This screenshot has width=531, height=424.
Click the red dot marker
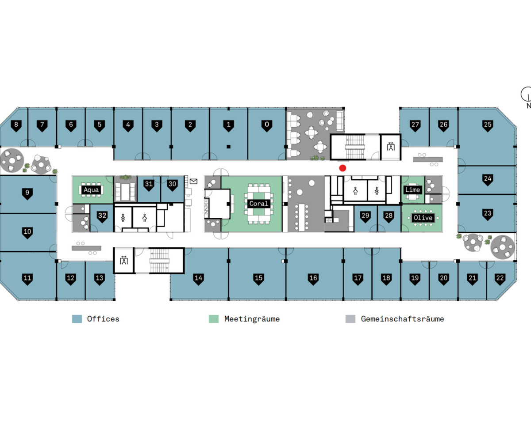[x=342, y=168]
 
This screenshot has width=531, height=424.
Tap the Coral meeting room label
[x=258, y=204]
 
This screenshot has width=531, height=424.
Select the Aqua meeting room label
[x=92, y=190]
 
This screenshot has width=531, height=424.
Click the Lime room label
[x=412, y=189]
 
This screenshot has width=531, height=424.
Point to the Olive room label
[x=423, y=217]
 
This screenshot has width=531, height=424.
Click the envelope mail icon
[x=194, y=181]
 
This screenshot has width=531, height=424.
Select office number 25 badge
[x=488, y=125]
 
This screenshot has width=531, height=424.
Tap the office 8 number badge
[x=16, y=125]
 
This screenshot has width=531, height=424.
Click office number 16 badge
[x=313, y=279]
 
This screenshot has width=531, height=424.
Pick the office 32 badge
[x=103, y=216]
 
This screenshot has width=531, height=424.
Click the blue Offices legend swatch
[x=77, y=319]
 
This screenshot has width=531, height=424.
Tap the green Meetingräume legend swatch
[x=214, y=319]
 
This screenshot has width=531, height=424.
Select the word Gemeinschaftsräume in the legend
[x=402, y=319]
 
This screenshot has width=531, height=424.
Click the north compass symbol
[x=527, y=94]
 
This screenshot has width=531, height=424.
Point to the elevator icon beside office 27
[x=391, y=147]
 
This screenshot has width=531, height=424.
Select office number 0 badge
[x=266, y=125]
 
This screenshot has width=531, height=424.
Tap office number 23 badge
[x=488, y=214]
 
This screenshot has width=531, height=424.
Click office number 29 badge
[x=366, y=216]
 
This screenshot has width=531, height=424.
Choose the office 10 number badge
[x=27, y=232]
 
